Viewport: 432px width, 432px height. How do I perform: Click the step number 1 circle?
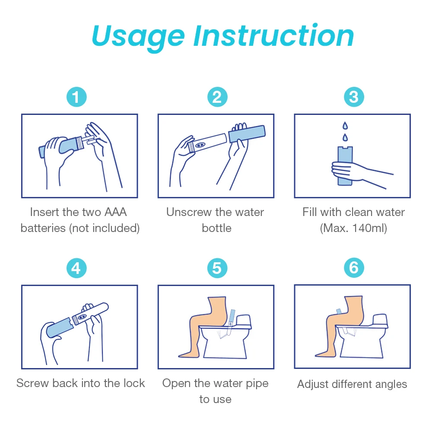(x=76, y=97)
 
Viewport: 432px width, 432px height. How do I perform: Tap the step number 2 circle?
(x=217, y=97)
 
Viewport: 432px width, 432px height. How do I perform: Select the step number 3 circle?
(x=354, y=97)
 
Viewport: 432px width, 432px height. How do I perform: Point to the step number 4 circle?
(x=76, y=268)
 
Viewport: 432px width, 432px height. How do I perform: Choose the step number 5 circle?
(x=217, y=268)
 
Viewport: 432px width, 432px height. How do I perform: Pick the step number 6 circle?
(x=354, y=268)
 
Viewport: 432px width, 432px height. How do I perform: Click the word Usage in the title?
(x=138, y=37)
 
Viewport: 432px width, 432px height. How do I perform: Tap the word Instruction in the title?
(x=274, y=35)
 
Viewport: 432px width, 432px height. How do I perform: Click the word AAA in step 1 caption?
(x=115, y=212)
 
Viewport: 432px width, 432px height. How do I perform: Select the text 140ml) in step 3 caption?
(x=370, y=228)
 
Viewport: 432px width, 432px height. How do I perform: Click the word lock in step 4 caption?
(x=134, y=383)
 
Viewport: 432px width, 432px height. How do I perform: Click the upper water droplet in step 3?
(x=345, y=126)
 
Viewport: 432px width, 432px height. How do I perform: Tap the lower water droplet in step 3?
(x=345, y=137)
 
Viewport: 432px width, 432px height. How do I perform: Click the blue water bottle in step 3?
(x=345, y=165)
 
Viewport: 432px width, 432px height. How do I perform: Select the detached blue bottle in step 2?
(x=247, y=134)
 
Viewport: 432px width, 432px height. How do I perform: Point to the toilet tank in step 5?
(x=243, y=321)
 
